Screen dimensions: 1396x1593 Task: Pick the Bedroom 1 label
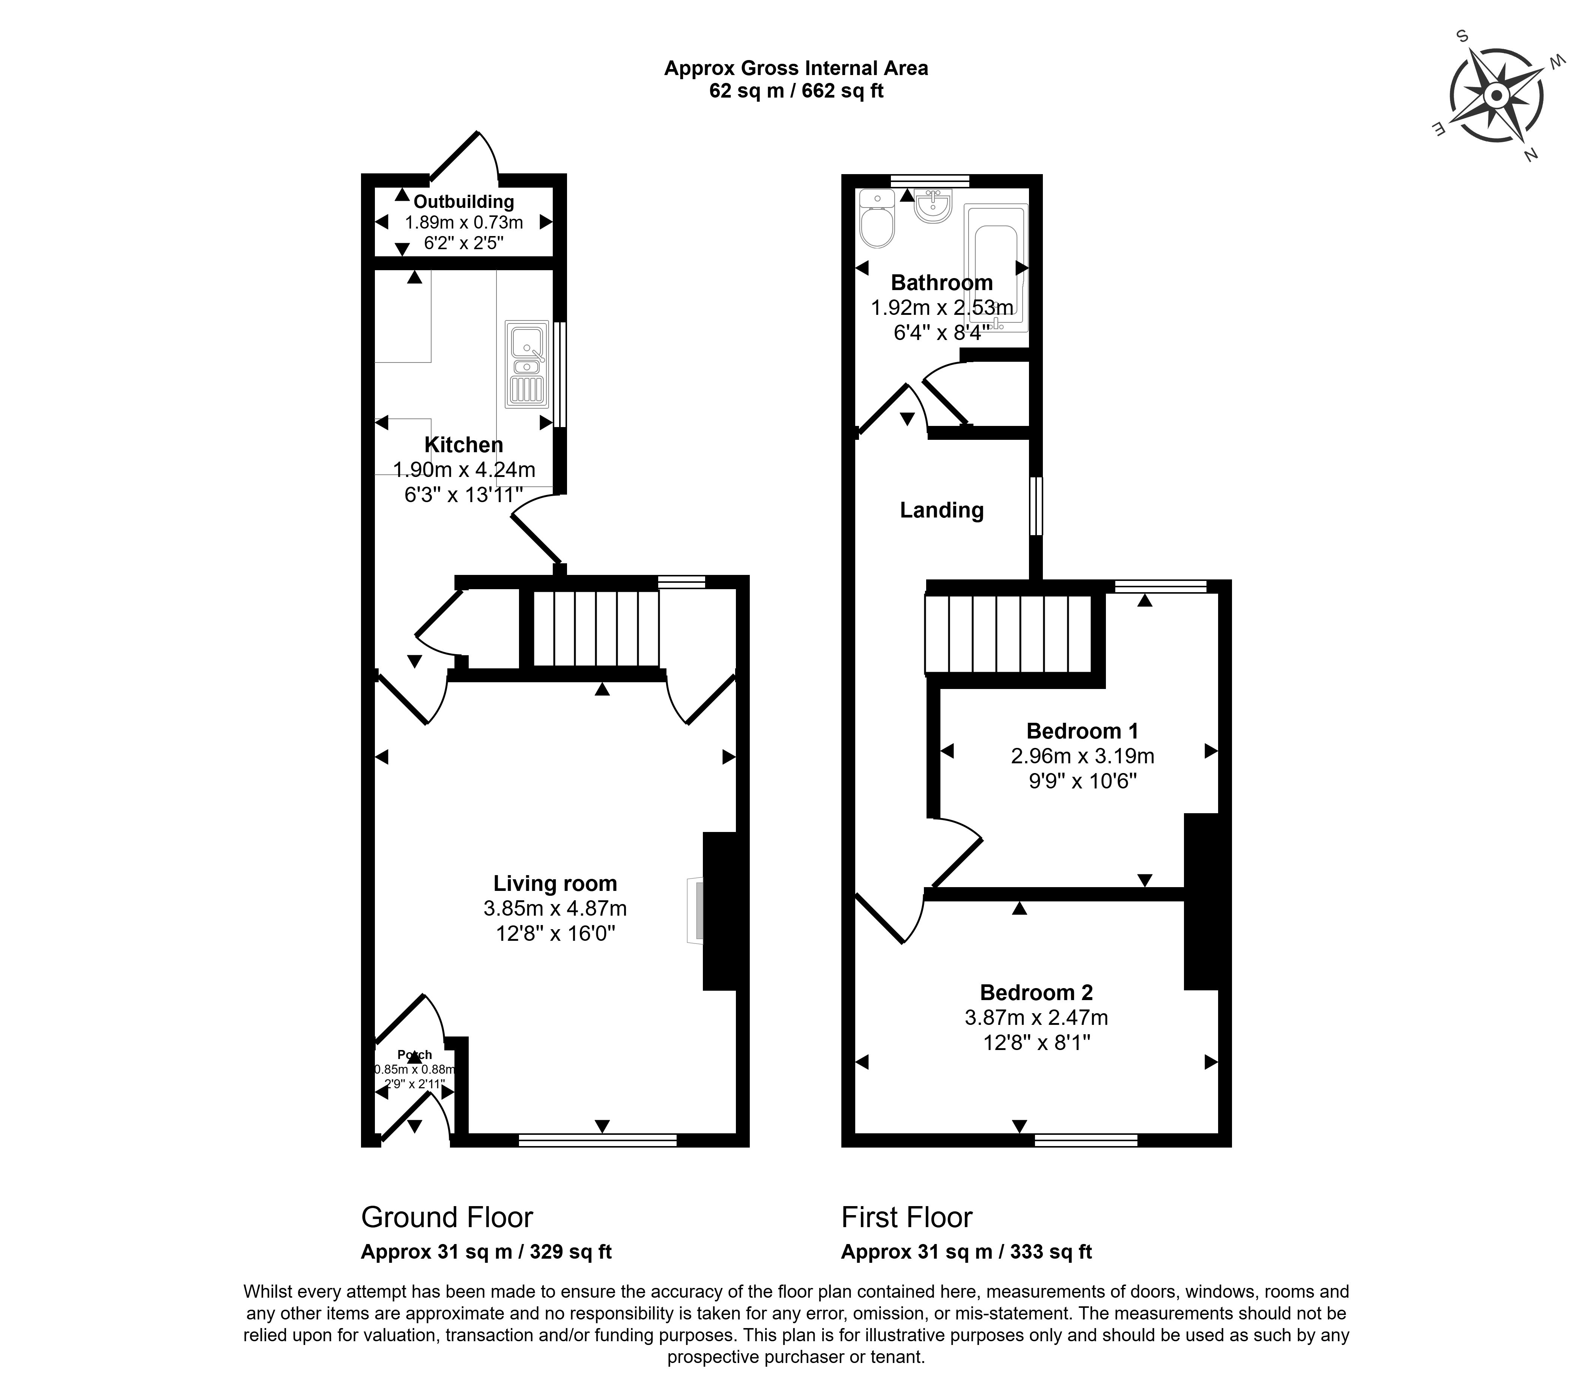[1082, 731]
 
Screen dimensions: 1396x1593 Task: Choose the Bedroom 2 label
[1036, 993]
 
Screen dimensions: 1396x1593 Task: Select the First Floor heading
[907, 1217]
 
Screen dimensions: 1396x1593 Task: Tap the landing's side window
[1035, 506]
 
